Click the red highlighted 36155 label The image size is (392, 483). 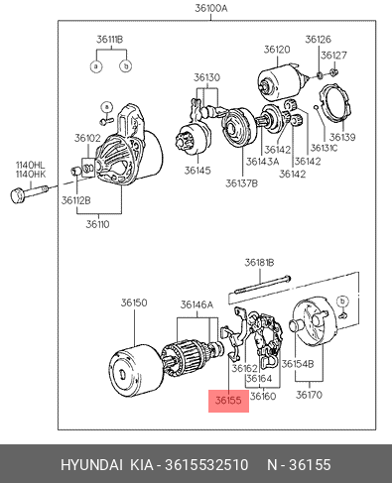click(228, 401)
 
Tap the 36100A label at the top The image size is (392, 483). click(211, 8)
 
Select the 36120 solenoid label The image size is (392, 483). click(277, 50)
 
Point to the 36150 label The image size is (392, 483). click(134, 302)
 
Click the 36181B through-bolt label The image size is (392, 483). click(259, 263)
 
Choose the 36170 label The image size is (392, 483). click(309, 395)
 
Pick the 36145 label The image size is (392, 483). click(197, 171)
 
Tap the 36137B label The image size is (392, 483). click(241, 183)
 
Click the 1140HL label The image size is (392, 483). click(31, 165)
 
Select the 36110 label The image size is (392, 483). click(97, 224)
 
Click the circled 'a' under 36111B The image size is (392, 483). click(96, 66)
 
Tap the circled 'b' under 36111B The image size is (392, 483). click(126, 66)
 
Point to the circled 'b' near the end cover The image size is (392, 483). click(342, 302)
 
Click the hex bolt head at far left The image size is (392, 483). click(18, 195)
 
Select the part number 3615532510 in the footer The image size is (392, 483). click(206, 464)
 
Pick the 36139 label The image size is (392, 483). click(342, 137)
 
